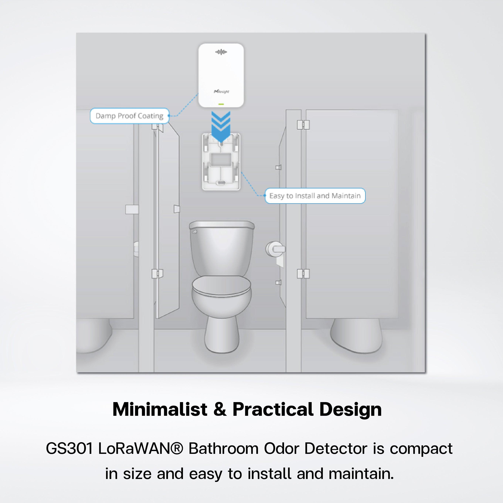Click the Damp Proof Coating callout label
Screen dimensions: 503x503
pyautogui.click(x=129, y=116)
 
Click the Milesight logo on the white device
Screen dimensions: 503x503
pyautogui.click(x=221, y=91)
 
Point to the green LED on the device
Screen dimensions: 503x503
pyautogui.click(x=221, y=104)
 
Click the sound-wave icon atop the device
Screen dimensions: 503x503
pyautogui.click(x=221, y=52)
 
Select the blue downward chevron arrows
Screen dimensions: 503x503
pyautogui.click(x=221, y=125)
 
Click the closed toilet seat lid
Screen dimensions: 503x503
pyautogui.click(x=222, y=286)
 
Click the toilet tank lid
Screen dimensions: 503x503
pyautogui.click(x=222, y=224)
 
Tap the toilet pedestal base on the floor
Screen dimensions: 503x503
pyautogui.click(x=222, y=336)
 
